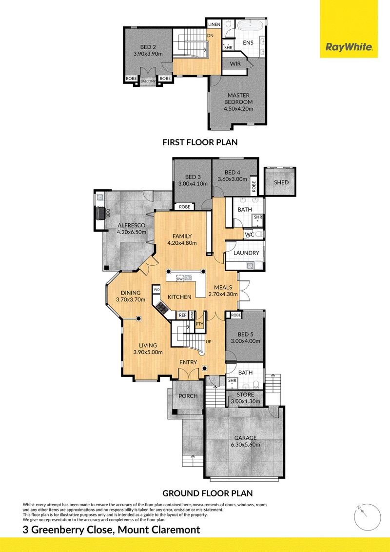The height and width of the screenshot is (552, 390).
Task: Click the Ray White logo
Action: coord(349,47)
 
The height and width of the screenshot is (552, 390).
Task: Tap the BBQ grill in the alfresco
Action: coord(101,213)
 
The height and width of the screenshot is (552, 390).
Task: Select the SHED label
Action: coord(281,182)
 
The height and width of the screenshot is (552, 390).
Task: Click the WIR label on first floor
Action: coord(235,64)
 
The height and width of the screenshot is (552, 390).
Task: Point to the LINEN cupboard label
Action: coord(214,25)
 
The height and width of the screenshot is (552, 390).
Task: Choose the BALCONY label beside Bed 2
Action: coord(148,81)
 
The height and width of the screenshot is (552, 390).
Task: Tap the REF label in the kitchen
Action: coord(182,315)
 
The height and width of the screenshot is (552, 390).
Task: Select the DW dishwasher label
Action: coord(179,279)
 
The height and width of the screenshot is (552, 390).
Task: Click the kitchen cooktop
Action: coord(162,308)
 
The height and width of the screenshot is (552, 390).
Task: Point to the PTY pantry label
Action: coord(199,324)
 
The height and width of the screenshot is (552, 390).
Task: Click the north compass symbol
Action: coord(367,517)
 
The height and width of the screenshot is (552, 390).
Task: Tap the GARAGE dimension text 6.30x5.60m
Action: coord(245,445)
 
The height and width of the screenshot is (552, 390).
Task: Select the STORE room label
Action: coord(245,394)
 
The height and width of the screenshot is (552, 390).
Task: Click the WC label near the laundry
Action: coord(250,235)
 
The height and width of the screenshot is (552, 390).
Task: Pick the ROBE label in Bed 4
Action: coord(254,186)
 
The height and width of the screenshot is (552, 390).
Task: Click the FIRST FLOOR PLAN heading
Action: coord(200,142)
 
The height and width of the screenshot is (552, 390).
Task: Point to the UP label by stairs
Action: coord(208,342)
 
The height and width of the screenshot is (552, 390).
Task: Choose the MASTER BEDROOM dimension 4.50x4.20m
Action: coord(238,109)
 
